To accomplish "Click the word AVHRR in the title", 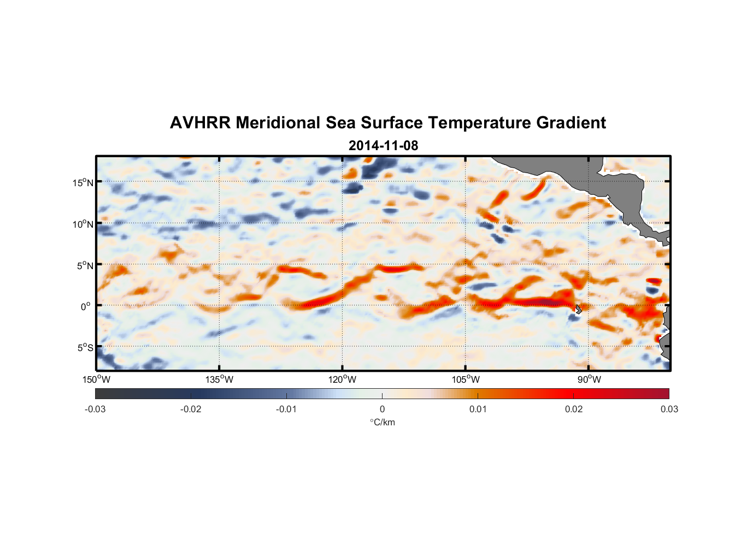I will pos(200,123).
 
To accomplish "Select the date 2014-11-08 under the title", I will pos(383,146).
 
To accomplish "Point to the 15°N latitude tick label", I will pos(83,182).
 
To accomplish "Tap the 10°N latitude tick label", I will pos(83,224).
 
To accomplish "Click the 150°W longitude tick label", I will pos(96,379).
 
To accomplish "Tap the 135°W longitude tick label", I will pos(219,379).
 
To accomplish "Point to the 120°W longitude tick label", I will pos(342,379).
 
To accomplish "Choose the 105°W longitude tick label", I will pos(466,379).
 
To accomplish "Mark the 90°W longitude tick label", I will pos(589,379).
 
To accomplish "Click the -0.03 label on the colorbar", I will pos(95,409).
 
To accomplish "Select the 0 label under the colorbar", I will pos(382,409).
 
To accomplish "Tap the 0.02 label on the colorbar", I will pos(573,409).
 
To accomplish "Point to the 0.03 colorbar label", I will pos(669,409).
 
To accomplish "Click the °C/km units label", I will pos(383,422).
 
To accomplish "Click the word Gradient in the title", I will pos(571,123).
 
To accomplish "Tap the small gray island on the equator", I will pos(578,309).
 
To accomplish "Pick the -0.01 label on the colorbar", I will pos(286,409).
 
